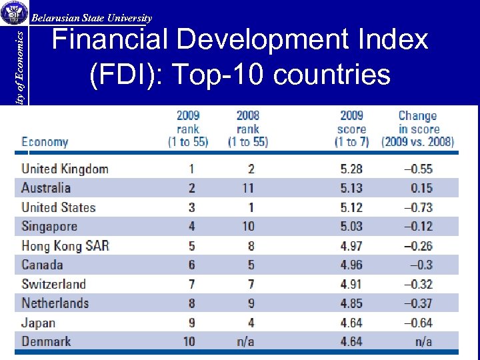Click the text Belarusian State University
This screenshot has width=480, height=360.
tap(92, 19)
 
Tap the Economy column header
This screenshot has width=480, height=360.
tap(45, 141)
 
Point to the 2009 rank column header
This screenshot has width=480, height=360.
tap(188, 129)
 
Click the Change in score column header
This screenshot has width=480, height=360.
tap(417, 129)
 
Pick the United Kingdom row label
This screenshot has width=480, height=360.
tap(65, 169)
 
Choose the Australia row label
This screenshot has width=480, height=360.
tap(46, 188)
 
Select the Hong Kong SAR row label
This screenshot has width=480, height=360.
tap(65, 245)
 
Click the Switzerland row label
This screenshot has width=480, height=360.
tap(54, 284)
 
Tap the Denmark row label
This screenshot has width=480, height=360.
tap(46, 341)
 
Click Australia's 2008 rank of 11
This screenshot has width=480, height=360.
tap(247, 188)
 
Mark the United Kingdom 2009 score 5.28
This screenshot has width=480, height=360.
tap(351, 169)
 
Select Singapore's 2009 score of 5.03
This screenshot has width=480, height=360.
tap(351, 227)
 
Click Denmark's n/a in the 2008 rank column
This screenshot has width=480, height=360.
tap(245, 341)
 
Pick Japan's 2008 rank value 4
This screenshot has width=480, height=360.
tap(251, 323)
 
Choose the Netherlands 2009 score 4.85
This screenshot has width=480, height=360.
tap(351, 303)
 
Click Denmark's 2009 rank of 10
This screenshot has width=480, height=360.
tap(189, 341)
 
